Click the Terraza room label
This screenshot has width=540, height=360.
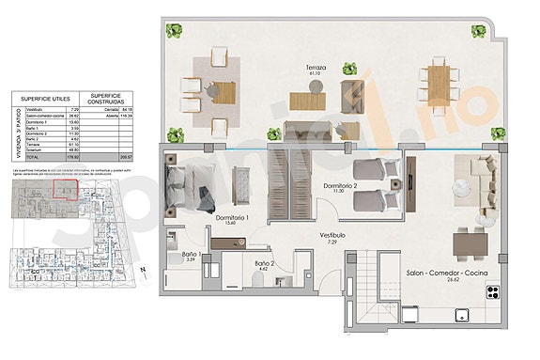coord(315,69)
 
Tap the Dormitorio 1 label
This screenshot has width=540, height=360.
coord(231,218)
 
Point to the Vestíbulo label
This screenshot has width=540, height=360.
coord(332,235)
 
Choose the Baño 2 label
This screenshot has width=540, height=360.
coord(264,264)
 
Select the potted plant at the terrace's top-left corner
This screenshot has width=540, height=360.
coord(174,31)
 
